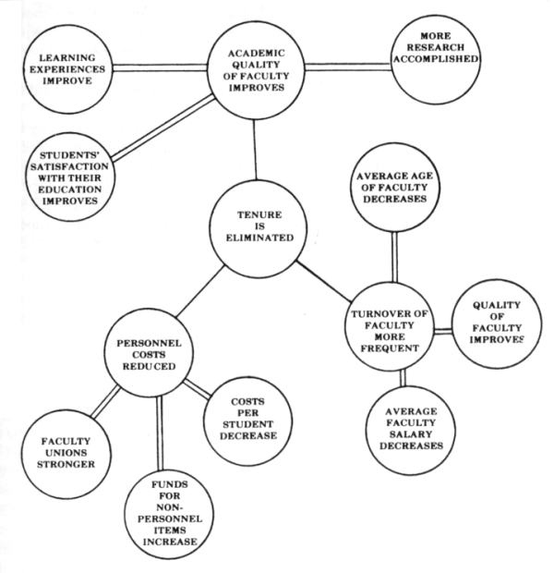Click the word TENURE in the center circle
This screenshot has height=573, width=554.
259,214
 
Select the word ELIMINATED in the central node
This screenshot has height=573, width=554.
259,238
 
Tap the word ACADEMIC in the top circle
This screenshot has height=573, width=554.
257,54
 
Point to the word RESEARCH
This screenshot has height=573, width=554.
436,47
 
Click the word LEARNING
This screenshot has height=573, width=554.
67,57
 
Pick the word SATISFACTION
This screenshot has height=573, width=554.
69,166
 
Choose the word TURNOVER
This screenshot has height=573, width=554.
378,314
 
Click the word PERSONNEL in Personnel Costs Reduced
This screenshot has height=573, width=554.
149,344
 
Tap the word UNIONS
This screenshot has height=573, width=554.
66,453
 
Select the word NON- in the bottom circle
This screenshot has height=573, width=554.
170,507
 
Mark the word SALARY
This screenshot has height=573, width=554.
411,434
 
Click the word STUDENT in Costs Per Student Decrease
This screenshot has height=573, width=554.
248,424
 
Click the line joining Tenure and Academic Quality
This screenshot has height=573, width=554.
255,150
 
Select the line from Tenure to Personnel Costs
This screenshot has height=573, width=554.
199,291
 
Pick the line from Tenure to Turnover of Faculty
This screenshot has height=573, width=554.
323,281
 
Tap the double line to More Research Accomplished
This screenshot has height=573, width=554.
348,67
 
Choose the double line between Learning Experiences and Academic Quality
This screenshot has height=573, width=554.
160,68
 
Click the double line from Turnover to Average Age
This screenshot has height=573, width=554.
395,257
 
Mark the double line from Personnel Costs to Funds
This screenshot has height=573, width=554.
159,433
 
